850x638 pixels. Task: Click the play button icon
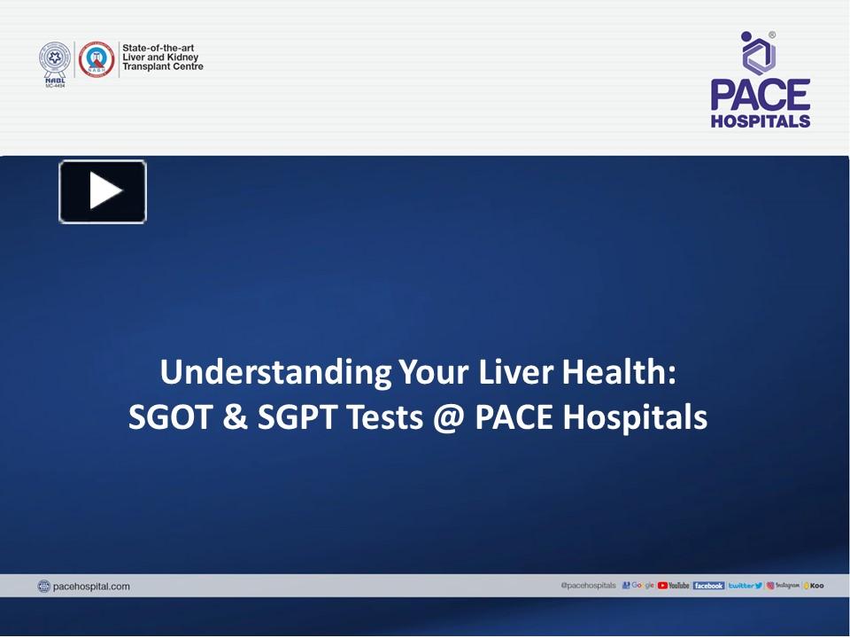point(103,191)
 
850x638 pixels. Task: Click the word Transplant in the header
point(146,66)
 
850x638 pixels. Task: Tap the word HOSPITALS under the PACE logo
point(760,121)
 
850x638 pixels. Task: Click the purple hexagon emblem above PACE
point(758,55)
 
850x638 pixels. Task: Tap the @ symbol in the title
point(449,416)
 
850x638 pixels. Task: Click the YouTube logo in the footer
point(674,586)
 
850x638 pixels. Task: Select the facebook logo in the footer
point(708,586)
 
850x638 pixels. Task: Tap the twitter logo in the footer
point(745,586)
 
